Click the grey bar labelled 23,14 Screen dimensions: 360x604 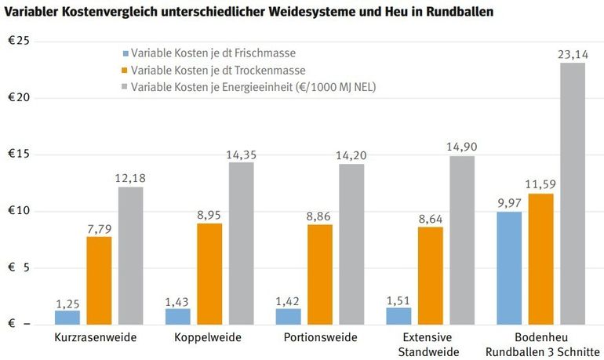pos(573,193)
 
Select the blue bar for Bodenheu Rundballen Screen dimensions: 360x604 pos(509,267)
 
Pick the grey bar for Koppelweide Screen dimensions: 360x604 pos(242,243)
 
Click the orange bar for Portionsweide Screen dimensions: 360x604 pos(320,274)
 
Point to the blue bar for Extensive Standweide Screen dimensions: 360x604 pos(398,315)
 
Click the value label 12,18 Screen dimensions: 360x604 pos(131,178)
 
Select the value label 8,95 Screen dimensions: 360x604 pos(209,214)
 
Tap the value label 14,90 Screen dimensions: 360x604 pos(462,147)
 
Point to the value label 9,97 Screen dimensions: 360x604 pos(509,202)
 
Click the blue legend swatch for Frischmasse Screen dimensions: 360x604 pos(123,53)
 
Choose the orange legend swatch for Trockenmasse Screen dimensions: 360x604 pos(123,70)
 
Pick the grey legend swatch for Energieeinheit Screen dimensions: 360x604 pos(123,87)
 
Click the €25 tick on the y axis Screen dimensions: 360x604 pos(18,41)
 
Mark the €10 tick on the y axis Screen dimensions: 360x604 pos(18,211)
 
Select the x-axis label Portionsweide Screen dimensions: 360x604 pos(320,338)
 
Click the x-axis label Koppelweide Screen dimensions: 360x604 pos(209,338)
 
